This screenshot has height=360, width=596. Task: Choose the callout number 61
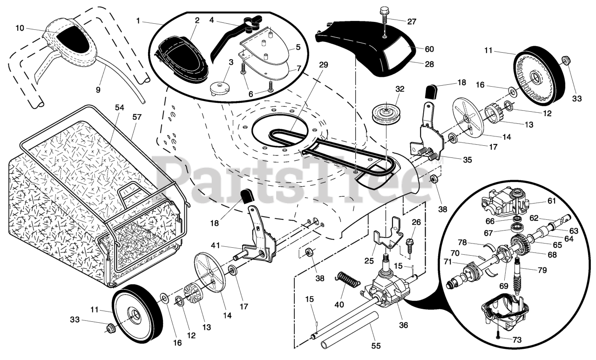551,201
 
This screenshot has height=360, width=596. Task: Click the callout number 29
323,65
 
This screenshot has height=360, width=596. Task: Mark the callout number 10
19,28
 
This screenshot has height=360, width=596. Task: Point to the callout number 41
215,245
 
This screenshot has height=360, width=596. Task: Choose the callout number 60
429,49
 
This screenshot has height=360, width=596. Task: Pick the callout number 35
467,159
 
